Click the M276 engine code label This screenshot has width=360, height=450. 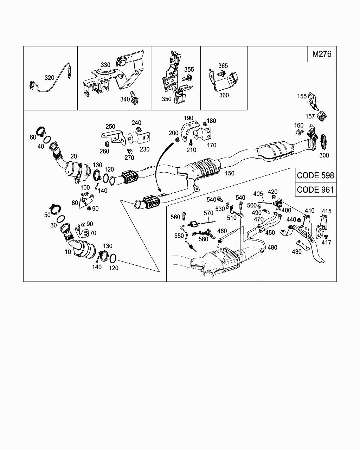coord(322,54)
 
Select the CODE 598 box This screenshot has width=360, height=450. coord(315,175)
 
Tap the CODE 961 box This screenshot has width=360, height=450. coord(315,189)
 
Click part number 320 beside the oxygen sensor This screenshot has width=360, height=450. coord(49,78)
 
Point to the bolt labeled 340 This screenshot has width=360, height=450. coord(134,98)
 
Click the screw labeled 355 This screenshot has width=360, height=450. coord(187,78)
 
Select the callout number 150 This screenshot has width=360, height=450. coord(230,173)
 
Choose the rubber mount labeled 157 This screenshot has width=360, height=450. coord(322,116)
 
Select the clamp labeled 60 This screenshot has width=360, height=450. coord(41,131)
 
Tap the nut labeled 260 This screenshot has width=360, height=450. coord(106,144)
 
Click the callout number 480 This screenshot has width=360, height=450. coord(272,247)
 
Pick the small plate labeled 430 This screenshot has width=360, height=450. coord(303,245)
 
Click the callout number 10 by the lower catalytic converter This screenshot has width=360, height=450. coord(68,252)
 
